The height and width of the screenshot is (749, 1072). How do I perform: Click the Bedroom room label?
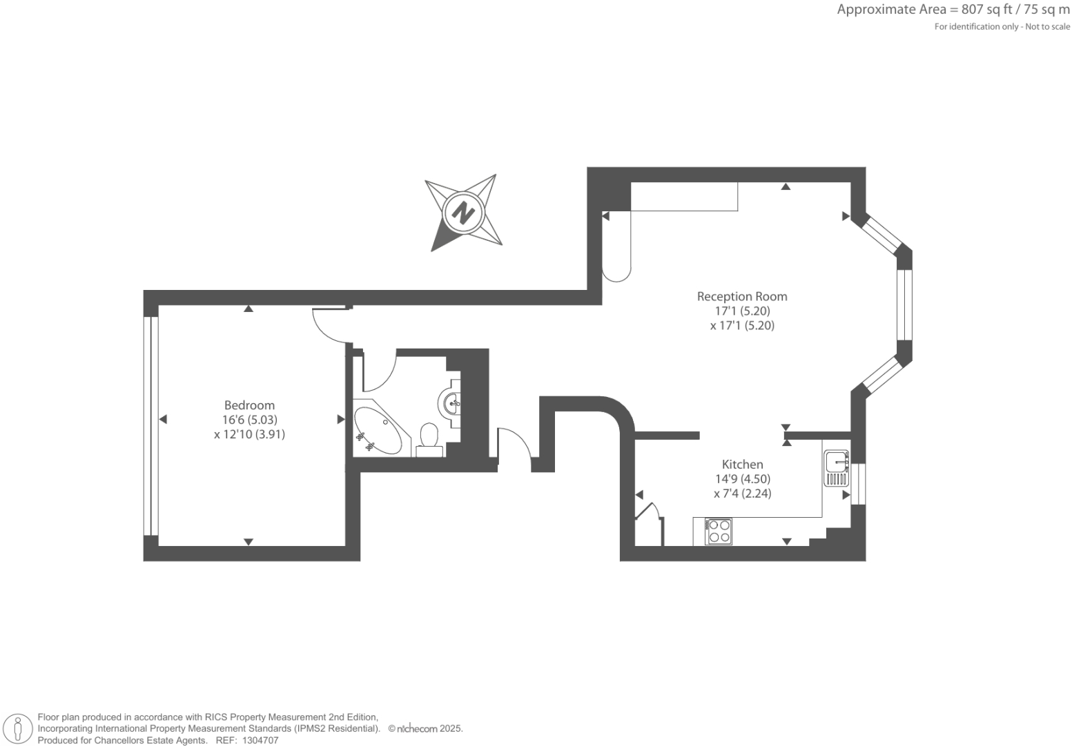(249, 405)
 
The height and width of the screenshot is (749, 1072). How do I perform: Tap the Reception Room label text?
(742, 296)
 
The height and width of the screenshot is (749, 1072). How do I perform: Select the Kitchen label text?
(742, 464)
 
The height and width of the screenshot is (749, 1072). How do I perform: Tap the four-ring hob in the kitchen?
(719, 531)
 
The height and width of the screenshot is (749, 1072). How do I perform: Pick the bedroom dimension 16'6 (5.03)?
(249, 420)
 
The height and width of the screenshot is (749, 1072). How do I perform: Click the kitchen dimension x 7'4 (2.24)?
(742, 494)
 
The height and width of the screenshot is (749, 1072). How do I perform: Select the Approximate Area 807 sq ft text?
(953, 10)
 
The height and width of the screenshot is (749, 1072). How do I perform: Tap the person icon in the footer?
(19, 729)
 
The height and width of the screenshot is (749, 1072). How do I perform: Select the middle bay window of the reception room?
(904, 304)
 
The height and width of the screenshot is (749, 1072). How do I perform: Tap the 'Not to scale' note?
(1047, 27)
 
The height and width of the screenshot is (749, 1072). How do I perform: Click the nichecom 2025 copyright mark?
(425, 728)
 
